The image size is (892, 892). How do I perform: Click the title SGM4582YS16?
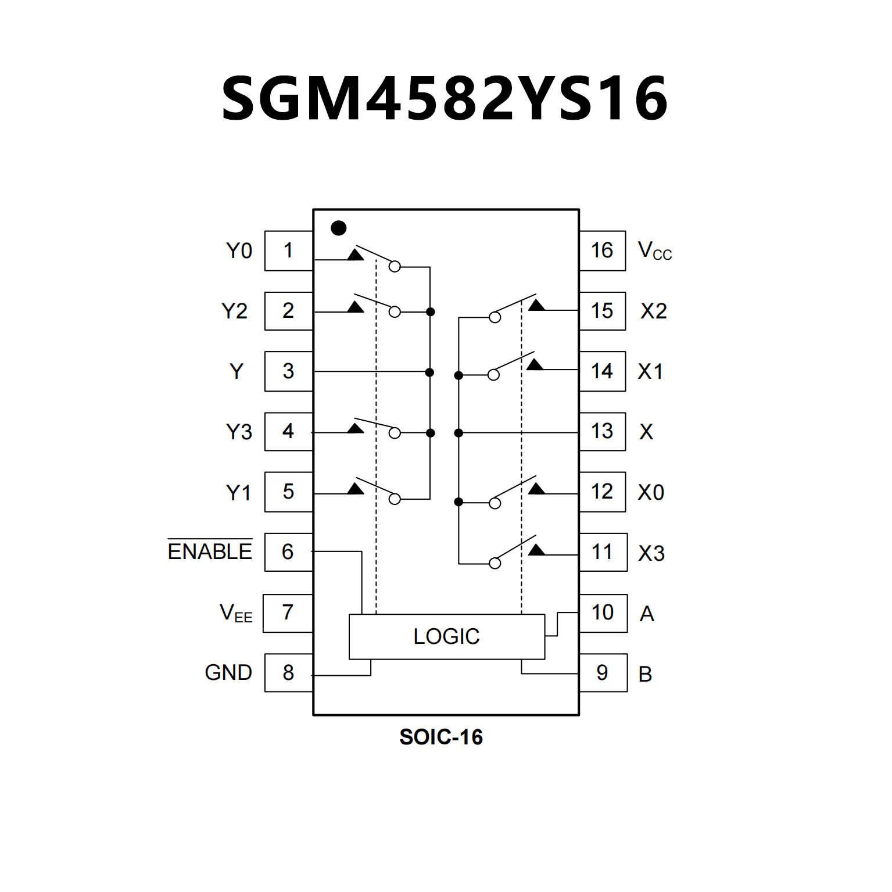pos(445,99)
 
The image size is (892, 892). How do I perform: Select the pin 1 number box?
pos(288,250)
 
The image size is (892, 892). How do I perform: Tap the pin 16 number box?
pos(602,250)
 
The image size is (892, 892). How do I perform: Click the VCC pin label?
pos(654,251)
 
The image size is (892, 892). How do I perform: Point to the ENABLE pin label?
pos(210,551)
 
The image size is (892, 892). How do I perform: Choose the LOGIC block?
pos(446,636)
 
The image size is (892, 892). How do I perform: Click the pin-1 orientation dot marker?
pos(338,228)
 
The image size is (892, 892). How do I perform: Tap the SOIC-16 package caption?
pos(441,737)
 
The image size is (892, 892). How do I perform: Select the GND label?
pos(228,672)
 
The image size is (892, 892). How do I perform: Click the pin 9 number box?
pos(603,672)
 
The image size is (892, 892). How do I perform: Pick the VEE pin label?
pos(236,613)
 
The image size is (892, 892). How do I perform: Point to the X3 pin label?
pos(651,553)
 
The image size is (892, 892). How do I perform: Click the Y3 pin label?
pos(239,432)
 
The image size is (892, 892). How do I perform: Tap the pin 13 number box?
pos(602,431)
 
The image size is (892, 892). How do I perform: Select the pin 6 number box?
pos(288,551)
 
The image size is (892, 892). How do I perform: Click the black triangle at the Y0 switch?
pos(356,255)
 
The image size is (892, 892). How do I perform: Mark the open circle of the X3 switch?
pos(495,563)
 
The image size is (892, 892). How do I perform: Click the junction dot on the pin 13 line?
pos(458,433)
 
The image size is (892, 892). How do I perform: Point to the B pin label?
pos(645,674)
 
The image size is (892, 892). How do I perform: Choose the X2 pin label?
pos(654,311)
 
